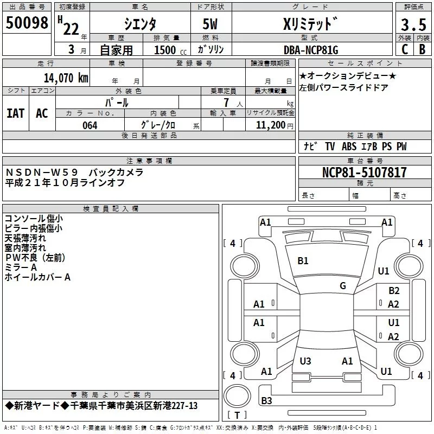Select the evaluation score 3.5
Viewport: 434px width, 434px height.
click(412, 25)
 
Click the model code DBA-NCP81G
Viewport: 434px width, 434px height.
click(311, 50)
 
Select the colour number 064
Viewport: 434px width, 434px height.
click(90, 125)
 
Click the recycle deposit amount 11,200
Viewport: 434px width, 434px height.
click(270, 125)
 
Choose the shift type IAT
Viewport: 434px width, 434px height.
click(15, 113)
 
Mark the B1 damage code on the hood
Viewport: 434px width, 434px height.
click(303, 261)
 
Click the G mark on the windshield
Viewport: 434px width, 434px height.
click(343, 286)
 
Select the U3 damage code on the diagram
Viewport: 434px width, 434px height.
click(305, 361)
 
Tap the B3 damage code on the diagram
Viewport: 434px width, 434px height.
click(266, 401)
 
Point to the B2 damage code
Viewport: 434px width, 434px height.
click(394, 291)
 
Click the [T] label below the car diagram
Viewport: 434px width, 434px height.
click(237, 416)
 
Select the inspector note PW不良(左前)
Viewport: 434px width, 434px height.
click(33, 258)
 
